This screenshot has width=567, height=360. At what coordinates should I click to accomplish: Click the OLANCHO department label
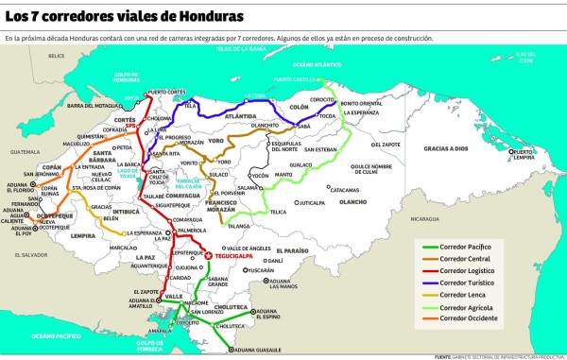tap(352, 200)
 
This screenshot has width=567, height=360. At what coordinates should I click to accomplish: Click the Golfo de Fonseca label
tap(150, 344)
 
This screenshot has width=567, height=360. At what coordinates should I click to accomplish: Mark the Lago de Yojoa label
tap(153, 174)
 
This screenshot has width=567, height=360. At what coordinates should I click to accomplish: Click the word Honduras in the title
tap(198, 17)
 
